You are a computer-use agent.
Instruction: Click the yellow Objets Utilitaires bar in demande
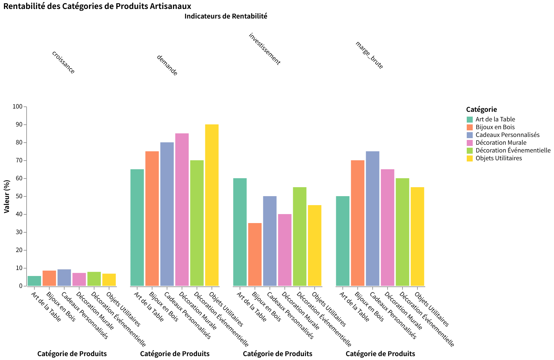click(x=212, y=205)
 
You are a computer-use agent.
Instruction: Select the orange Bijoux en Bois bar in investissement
click(x=255, y=254)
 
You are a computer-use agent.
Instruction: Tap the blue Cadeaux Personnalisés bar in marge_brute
click(x=373, y=219)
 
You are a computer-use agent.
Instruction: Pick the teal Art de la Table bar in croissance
click(x=34, y=281)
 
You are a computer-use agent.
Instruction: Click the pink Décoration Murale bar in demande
click(x=182, y=210)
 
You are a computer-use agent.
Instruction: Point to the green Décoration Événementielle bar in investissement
click(x=300, y=237)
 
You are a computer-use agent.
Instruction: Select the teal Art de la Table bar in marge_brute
click(x=343, y=241)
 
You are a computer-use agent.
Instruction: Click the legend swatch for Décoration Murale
click(x=470, y=143)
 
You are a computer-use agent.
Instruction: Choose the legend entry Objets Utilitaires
click(x=498, y=158)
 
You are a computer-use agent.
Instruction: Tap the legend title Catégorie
click(x=481, y=109)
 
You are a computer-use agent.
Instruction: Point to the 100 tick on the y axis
click(x=18, y=107)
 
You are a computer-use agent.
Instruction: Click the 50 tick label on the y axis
click(x=19, y=196)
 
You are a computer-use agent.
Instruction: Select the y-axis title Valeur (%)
click(x=7, y=196)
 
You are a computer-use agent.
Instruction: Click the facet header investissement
click(x=264, y=49)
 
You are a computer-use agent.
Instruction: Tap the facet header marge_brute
click(x=369, y=55)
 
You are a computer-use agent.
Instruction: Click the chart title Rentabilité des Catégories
click(x=97, y=6)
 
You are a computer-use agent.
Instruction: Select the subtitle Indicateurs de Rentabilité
click(x=226, y=16)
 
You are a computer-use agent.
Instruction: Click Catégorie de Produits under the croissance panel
click(x=72, y=354)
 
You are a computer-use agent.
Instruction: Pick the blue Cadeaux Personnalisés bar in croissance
click(x=64, y=278)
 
